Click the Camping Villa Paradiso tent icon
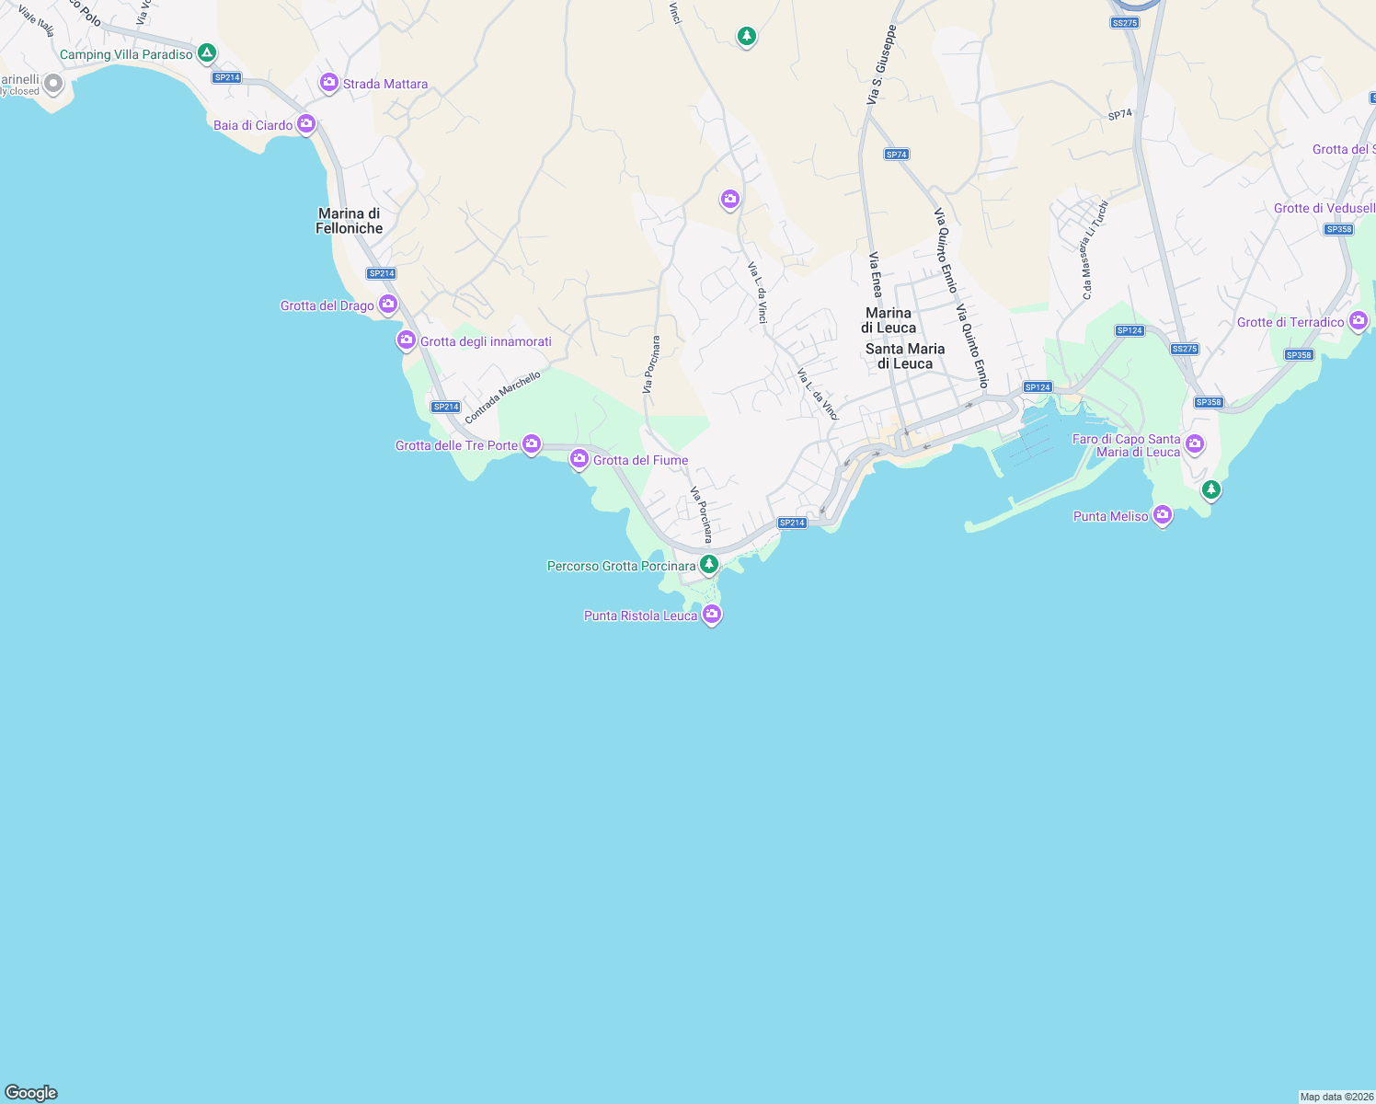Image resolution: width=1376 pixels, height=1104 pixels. [x=207, y=52]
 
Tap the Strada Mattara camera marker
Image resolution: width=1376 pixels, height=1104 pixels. [x=328, y=83]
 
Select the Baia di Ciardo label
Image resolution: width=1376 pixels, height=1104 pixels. [x=253, y=125]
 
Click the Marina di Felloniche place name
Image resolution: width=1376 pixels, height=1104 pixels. [x=350, y=221]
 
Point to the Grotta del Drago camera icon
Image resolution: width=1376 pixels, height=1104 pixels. [x=388, y=304]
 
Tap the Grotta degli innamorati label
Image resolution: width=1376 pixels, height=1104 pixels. [x=486, y=341]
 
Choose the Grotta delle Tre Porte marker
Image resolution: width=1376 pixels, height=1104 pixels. [x=532, y=444]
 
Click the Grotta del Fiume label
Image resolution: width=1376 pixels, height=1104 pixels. [x=640, y=460]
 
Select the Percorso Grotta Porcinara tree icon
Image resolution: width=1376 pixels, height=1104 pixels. [x=708, y=564]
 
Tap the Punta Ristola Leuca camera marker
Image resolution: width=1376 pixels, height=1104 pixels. [x=711, y=614]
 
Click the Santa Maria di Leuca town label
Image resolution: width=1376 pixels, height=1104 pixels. [x=905, y=356]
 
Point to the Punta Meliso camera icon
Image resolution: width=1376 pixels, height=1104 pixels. [x=1163, y=514]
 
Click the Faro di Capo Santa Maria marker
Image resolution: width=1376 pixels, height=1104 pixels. [x=1195, y=443]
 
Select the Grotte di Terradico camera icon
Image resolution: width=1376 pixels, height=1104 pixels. [x=1359, y=320]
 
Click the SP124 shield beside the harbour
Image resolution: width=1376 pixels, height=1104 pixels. [x=1037, y=387]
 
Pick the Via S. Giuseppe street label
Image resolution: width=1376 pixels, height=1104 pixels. [x=880, y=64]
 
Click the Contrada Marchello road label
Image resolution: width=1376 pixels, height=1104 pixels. [x=502, y=397]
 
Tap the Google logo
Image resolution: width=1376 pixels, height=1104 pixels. [x=31, y=1092]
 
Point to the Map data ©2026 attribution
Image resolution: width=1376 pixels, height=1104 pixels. [x=1336, y=1097]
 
